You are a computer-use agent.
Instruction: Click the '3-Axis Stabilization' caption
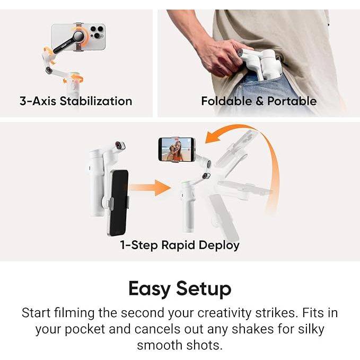click(76, 101)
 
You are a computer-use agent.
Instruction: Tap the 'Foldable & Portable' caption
click(259, 101)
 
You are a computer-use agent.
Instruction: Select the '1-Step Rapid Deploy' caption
click(180, 245)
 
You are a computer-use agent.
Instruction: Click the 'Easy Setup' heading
click(180, 289)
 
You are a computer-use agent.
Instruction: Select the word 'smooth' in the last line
click(162, 346)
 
